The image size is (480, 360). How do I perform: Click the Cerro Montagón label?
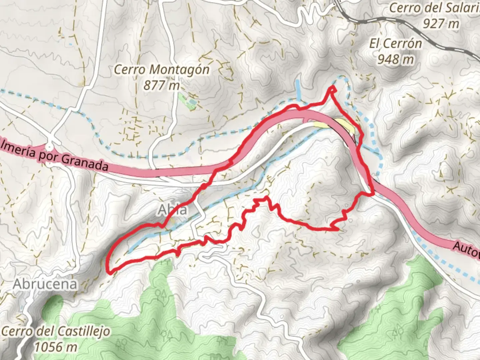tap(162, 70)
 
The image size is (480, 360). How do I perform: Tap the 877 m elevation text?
tap(162, 85)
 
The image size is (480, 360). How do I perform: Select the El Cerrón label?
tap(396, 44)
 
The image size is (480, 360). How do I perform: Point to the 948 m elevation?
tap(396, 59)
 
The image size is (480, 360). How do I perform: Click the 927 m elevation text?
tap(441, 23)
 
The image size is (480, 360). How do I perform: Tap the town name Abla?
tap(172, 210)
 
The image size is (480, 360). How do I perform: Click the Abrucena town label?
tap(45, 284)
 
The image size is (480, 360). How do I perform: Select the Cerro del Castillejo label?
tap(55, 332)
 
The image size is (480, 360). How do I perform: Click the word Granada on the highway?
tap(85, 163)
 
